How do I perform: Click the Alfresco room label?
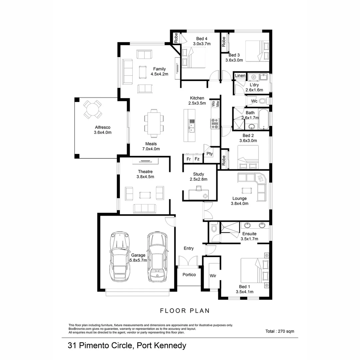102,127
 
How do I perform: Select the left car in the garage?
121,256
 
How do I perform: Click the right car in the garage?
157,256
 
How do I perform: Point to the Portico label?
189,275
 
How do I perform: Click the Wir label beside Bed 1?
213,276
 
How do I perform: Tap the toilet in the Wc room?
263,101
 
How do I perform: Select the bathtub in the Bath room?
263,119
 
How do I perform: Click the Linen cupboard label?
240,76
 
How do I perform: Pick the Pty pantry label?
209,154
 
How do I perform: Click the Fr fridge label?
188,159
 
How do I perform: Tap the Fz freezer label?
197,159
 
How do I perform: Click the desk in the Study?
199,194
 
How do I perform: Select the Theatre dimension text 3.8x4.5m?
145,177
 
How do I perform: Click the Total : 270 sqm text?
280,331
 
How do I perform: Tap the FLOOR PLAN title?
185,311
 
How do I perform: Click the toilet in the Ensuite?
214,228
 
